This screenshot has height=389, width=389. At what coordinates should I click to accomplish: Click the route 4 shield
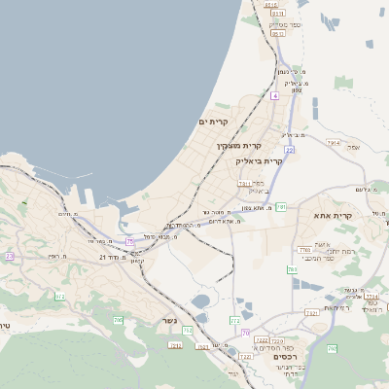275,96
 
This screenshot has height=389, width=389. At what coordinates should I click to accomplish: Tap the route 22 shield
290,150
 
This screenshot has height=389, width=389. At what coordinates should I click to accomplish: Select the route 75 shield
129,240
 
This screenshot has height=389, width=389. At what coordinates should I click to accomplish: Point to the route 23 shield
10,256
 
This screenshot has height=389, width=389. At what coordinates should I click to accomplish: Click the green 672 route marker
60,297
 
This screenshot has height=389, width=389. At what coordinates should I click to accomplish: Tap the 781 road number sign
280,206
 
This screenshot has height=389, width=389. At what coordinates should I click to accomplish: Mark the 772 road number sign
234,320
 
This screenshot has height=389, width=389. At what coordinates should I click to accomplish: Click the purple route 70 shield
246,333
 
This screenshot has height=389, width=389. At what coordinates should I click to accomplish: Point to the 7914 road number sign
334,143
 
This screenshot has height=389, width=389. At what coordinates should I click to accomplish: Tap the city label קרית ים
211,122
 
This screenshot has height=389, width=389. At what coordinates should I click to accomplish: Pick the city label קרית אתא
332,215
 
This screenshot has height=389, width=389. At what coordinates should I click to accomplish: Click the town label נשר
171,320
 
